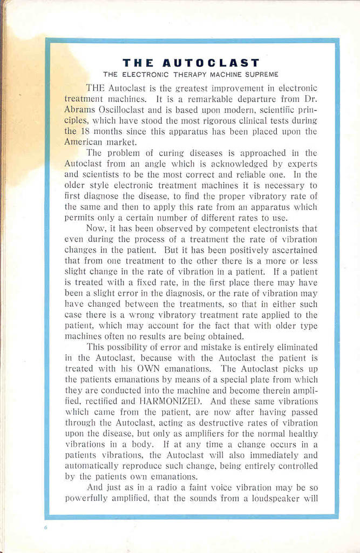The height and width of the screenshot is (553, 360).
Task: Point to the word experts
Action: coord(303,164)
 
